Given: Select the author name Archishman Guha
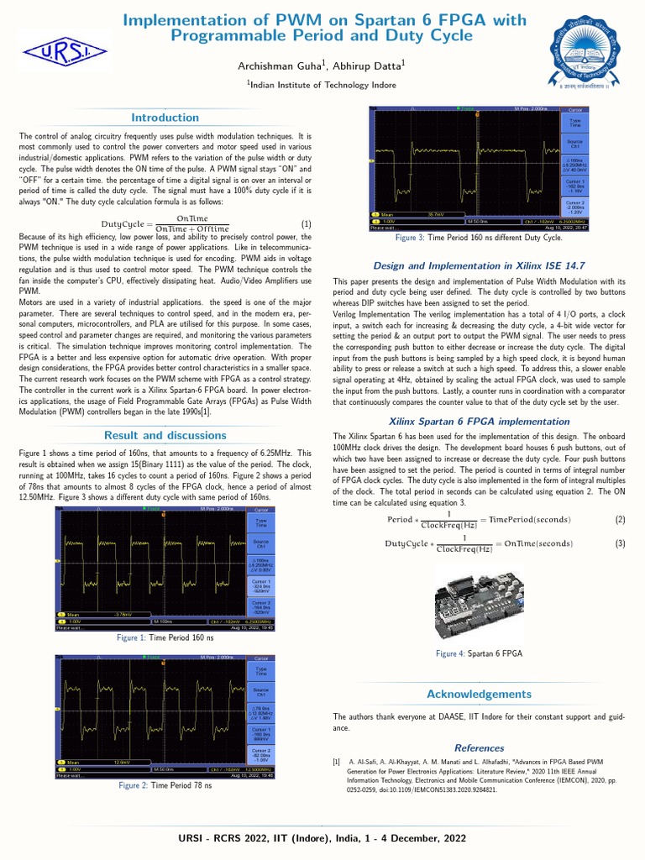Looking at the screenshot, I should point(275,65).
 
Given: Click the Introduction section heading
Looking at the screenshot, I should point(165,118).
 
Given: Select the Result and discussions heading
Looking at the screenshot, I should point(165,435).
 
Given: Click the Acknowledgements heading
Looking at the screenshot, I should point(479,694).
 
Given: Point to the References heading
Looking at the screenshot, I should point(479,747).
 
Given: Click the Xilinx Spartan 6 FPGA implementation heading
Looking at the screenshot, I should point(479,420).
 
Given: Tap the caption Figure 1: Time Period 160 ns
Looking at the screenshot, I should point(165,638).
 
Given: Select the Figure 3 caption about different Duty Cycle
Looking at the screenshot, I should point(480,239).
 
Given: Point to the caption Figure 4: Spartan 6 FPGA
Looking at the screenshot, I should point(479,653).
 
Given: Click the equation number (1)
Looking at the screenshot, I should point(307,224).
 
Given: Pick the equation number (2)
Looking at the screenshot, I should point(620,520).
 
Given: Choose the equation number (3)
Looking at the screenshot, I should point(620,543).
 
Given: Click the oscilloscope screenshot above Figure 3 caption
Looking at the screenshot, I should point(479,168).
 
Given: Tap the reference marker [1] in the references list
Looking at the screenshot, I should point(337,762).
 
